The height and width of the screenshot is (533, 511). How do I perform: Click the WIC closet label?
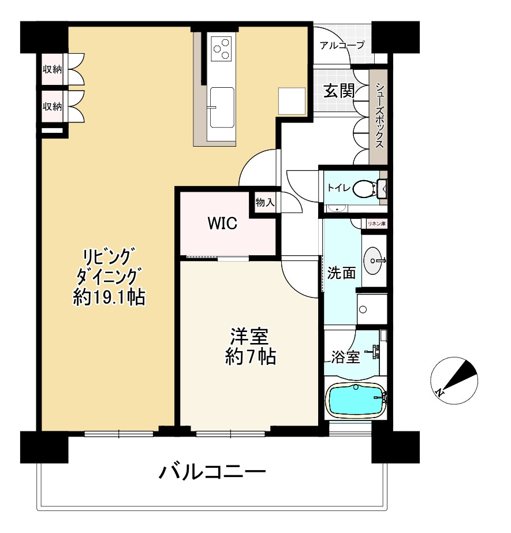click(222, 224)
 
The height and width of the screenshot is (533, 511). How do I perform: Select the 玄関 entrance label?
click(338, 91)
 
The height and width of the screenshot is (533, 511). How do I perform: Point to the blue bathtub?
click(355, 400)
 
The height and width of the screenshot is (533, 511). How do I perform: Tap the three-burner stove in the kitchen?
click(221, 49)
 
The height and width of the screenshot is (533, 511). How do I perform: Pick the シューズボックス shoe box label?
click(379, 116)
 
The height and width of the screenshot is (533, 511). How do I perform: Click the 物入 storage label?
click(265, 203)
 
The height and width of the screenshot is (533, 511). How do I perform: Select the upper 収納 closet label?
click(52, 70)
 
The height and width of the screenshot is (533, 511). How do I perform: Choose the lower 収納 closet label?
click(52, 106)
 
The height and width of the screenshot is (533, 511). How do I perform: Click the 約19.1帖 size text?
click(109, 298)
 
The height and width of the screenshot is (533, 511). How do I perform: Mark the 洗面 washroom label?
click(341, 273)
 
